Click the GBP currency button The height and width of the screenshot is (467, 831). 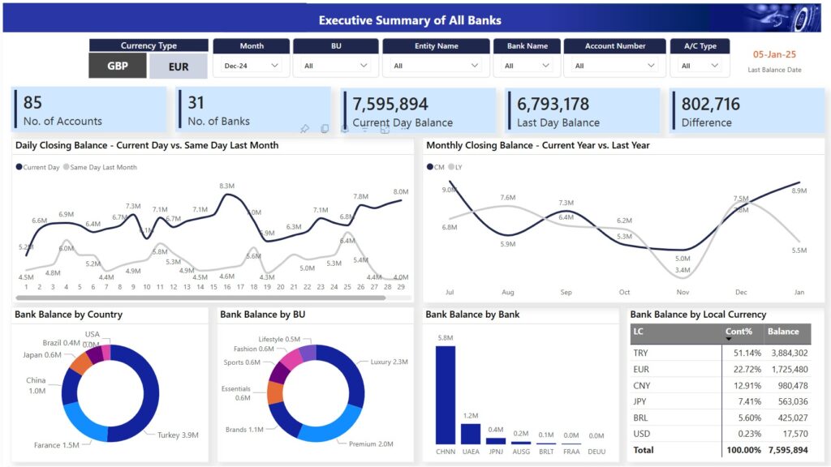click(x=118, y=66)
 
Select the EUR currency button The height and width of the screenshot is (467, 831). click(x=179, y=66)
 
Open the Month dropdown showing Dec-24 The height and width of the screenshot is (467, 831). click(x=250, y=66)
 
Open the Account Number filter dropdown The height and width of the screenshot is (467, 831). click(x=614, y=66)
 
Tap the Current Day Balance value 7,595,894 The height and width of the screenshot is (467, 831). click(x=390, y=104)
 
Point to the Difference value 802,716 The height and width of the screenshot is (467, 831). click(x=711, y=104)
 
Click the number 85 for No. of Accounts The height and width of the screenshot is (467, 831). click(x=32, y=102)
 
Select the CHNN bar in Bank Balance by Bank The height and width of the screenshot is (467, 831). click(x=446, y=394)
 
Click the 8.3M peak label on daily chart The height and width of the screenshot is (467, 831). click(x=227, y=186)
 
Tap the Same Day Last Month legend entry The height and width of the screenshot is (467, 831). click(x=103, y=167)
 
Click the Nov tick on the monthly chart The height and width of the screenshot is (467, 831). click(x=682, y=292)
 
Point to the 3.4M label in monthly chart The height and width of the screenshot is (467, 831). click(x=682, y=270)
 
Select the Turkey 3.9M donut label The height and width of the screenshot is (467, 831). click(x=179, y=435)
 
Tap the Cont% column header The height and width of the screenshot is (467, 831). click(x=738, y=331)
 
